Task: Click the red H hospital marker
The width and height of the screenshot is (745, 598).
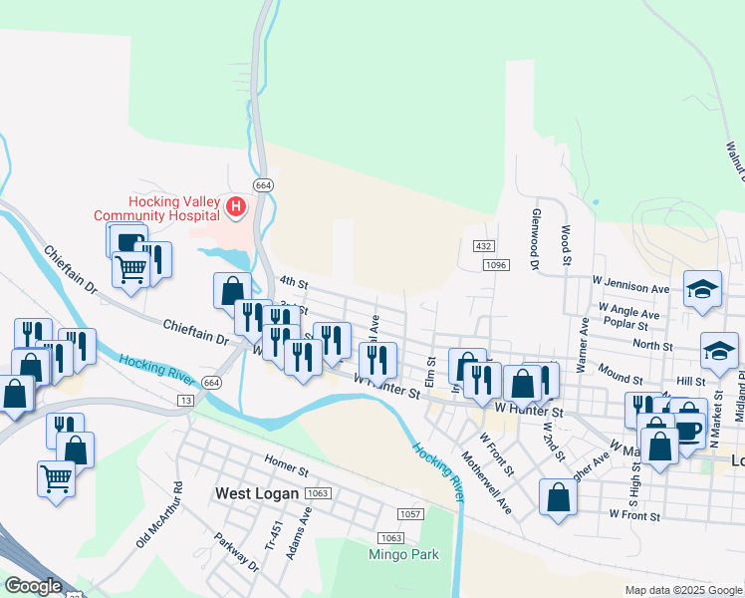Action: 236,207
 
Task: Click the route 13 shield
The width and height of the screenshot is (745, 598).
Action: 185,400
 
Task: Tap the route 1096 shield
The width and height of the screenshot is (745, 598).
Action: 496,265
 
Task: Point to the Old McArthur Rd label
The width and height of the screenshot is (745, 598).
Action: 159,515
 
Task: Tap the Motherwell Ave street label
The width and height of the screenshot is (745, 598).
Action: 487,482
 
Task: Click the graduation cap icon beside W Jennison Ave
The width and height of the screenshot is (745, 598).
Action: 702,289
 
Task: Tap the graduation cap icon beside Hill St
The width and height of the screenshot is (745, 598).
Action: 719,350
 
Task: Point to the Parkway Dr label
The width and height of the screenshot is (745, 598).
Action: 236,551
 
